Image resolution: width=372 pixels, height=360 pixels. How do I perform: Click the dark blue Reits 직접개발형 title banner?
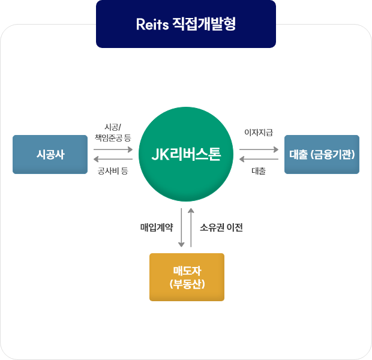click(x=186, y=24)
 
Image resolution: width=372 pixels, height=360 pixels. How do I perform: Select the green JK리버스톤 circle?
click(x=186, y=154)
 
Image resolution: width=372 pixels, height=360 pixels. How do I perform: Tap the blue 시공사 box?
click(x=50, y=154)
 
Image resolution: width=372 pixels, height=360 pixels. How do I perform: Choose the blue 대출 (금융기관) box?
click(x=322, y=154)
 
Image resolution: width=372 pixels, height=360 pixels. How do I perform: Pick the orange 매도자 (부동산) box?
click(x=187, y=277)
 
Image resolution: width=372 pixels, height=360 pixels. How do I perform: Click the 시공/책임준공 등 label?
click(x=113, y=132)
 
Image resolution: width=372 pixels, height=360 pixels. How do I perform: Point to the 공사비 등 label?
click(x=113, y=171)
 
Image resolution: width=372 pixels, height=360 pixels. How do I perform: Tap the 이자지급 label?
click(x=259, y=132)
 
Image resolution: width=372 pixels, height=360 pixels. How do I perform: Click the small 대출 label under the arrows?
click(x=259, y=171)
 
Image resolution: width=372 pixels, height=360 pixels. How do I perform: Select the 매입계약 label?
click(x=157, y=227)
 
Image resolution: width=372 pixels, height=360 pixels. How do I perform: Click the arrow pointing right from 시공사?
click(x=113, y=149)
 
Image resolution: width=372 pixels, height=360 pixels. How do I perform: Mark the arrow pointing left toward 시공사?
click(x=113, y=160)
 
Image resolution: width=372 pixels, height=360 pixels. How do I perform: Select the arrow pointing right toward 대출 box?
click(x=259, y=149)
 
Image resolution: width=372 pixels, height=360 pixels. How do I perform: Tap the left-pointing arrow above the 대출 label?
click(x=259, y=160)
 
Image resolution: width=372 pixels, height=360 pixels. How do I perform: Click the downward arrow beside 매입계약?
click(x=181, y=227)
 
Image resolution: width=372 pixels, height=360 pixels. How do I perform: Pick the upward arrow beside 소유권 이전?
click(x=191, y=227)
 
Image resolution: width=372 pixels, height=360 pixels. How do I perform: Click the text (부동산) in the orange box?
click(x=187, y=284)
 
